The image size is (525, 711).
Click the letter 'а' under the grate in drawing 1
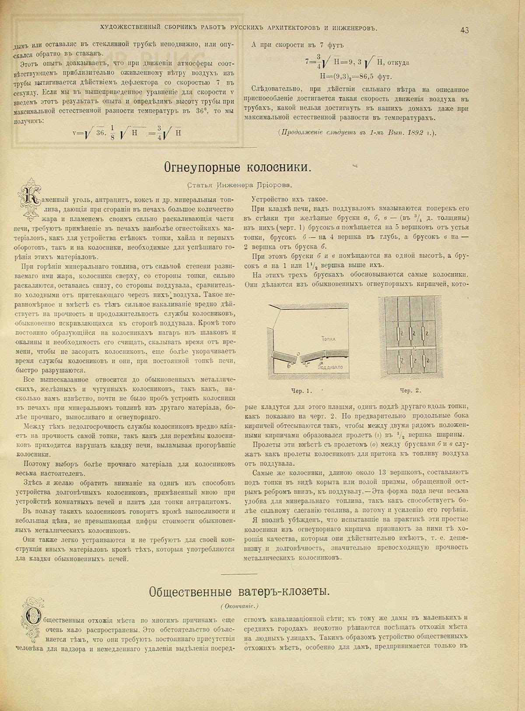[x=322, y=362]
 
